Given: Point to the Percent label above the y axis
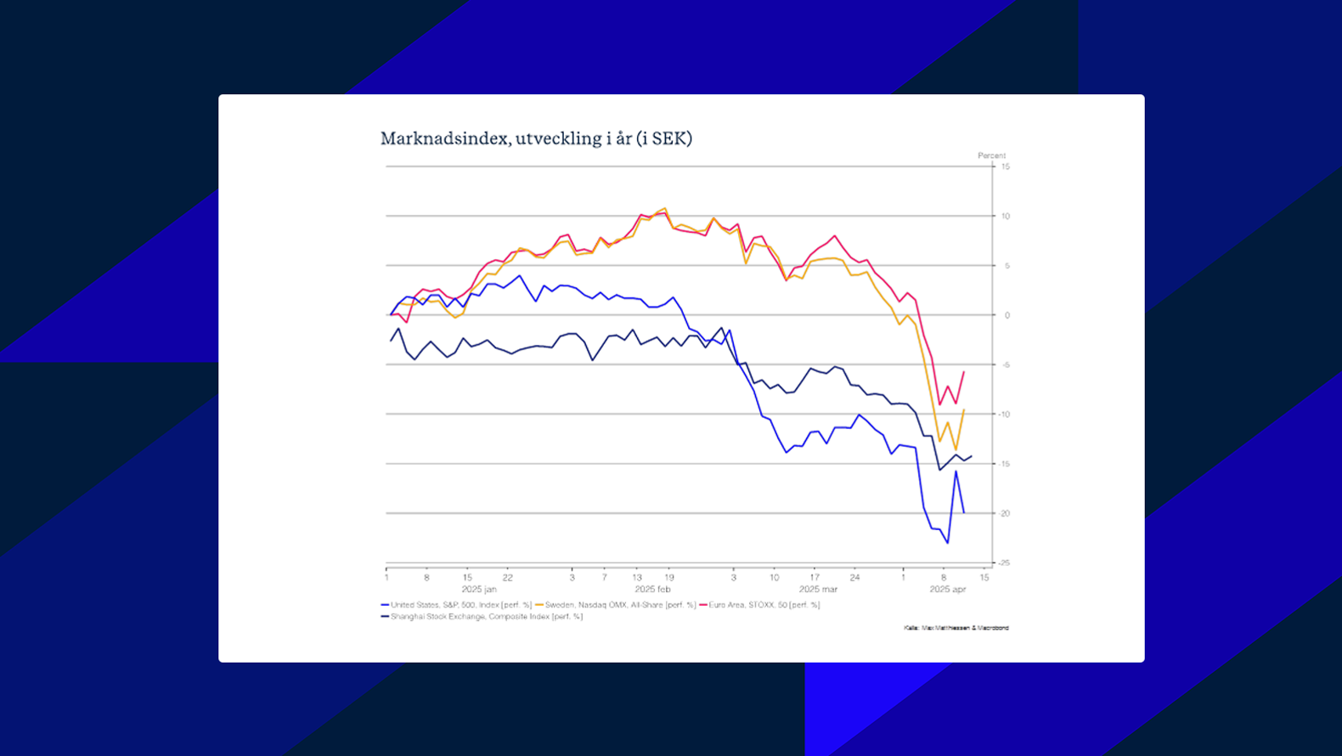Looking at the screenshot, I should coord(991,155).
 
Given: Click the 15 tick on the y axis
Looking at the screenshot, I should coord(1006,166).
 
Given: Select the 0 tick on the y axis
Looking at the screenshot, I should coord(1007,315).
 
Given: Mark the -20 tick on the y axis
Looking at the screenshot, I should coord(1005,513).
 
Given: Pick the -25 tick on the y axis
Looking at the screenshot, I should coord(1004,562).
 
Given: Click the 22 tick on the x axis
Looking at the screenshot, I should coord(508,578).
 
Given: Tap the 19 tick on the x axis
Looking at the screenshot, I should coord(669,578).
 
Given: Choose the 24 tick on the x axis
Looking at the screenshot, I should coord(854,578).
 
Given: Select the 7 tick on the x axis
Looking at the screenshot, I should coord(605,578).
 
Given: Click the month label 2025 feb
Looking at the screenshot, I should coord(652,589).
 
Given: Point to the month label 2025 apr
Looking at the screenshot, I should coord(948,589).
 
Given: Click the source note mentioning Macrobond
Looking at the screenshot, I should coord(956,628).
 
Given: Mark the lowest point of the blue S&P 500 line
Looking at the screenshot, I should coord(948,543).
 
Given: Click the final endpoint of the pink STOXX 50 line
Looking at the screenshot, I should coord(964,372).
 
